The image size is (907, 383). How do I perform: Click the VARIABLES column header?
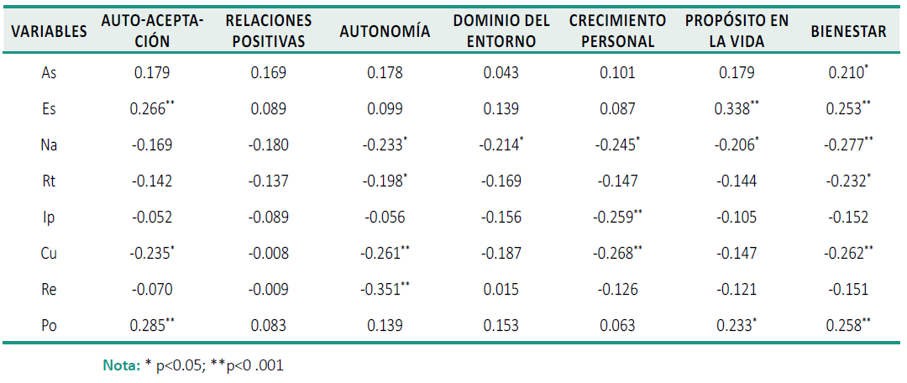point(50,32)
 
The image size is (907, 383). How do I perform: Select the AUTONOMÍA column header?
point(385,32)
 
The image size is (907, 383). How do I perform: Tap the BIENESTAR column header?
point(848,32)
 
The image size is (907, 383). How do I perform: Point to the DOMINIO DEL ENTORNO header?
point(501,31)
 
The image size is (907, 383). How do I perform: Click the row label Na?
point(50,145)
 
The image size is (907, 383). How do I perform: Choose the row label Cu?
point(50,254)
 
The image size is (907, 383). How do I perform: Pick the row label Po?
point(50,326)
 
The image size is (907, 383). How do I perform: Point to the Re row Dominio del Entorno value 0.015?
point(501,290)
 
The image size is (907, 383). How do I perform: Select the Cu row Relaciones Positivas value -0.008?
point(269,254)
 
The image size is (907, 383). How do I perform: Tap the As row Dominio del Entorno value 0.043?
point(501,73)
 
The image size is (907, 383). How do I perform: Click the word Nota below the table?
point(119,365)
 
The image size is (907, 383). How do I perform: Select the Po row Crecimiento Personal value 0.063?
point(616,326)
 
